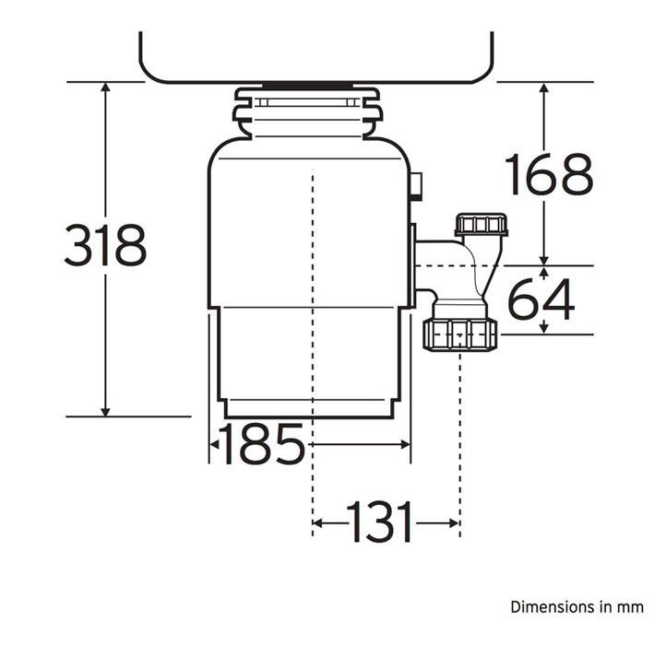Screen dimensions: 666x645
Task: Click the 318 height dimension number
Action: click(105, 245)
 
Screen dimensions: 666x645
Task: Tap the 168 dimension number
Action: click(549, 174)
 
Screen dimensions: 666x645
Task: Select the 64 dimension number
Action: click(541, 299)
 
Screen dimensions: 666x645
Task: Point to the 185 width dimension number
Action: click(262, 443)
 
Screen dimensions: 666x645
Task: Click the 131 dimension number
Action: click(379, 522)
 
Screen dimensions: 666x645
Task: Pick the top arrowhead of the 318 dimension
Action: click(106, 87)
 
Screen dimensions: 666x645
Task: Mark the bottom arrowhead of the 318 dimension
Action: click(106, 412)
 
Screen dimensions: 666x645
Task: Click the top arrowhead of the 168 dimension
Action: click(544, 87)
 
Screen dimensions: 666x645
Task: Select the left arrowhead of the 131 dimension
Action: click(317, 522)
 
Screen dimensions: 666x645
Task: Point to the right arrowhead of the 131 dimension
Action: click(454, 522)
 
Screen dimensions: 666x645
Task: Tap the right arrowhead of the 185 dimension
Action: click(406, 444)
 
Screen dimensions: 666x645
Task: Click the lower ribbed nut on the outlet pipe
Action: click(460, 335)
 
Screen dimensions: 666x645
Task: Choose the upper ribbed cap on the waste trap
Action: click(482, 225)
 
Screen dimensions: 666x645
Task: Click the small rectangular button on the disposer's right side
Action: click(416, 186)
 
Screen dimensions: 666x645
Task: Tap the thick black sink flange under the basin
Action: click(307, 86)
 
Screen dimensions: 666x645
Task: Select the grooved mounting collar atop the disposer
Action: click(307, 112)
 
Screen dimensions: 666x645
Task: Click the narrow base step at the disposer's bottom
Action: click(309, 409)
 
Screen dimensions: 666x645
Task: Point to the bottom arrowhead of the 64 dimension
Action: click(544, 329)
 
